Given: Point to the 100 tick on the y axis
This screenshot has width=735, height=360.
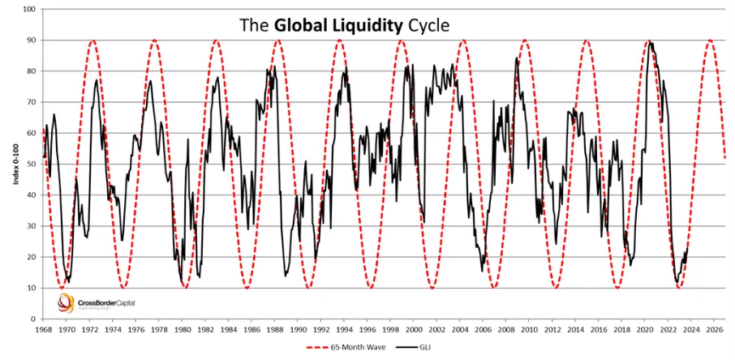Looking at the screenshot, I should (x=29, y=9).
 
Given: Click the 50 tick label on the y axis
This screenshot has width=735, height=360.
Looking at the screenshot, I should (x=32, y=164).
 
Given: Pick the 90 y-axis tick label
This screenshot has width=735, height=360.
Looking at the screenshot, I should (x=32, y=40).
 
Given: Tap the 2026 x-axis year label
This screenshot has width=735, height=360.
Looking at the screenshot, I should (x=715, y=330).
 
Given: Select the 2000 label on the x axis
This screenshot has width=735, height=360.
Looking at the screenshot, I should (x=414, y=330).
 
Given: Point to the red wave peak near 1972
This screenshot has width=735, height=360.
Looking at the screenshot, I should (x=92, y=40).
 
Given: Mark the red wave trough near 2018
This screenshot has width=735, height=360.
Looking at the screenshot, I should (x=618, y=287).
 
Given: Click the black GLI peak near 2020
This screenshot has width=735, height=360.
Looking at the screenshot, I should (x=649, y=42).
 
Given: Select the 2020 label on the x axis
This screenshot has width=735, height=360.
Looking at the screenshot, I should (x=645, y=330).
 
